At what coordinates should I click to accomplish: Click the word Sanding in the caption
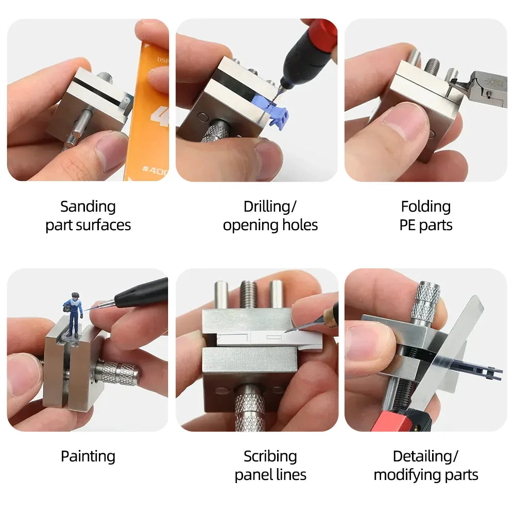88,207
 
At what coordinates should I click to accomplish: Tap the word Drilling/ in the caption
270,207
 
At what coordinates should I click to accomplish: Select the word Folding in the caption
425,207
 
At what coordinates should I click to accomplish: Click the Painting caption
88,456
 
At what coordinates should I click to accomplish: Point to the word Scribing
270,456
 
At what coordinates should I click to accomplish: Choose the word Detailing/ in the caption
425,456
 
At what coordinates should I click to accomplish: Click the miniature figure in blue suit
73,312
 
